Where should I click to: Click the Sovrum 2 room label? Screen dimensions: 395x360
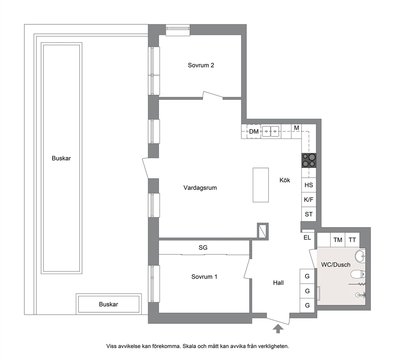(x=201, y=65)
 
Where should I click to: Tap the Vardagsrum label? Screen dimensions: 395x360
(x=200, y=188)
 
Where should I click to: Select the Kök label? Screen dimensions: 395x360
(x=285, y=180)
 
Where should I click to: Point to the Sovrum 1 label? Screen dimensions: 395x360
(x=204, y=277)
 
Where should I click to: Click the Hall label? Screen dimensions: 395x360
(x=278, y=283)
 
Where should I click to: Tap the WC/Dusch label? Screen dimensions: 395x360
(x=336, y=265)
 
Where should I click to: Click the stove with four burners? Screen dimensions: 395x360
(x=309, y=160)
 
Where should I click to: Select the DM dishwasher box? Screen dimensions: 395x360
(x=254, y=131)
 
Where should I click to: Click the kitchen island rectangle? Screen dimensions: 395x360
(x=261, y=185)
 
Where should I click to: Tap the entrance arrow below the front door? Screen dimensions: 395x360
(x=278, y=329)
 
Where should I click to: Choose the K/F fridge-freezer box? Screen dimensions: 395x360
(x=309, y=200)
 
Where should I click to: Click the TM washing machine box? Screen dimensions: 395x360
(x=338, y=239)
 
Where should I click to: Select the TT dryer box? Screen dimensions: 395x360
(x=352, y=239)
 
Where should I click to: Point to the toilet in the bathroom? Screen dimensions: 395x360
(x=358, y=274)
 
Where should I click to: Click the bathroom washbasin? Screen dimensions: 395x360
(x=360, y=256)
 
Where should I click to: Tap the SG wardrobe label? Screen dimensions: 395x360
(x=203, y=248)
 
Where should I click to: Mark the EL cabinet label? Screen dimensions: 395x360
(x=307, y=237)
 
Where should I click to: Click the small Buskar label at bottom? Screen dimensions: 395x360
(x=108, y=304)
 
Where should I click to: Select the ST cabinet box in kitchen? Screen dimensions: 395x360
(x=309, y=214)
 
